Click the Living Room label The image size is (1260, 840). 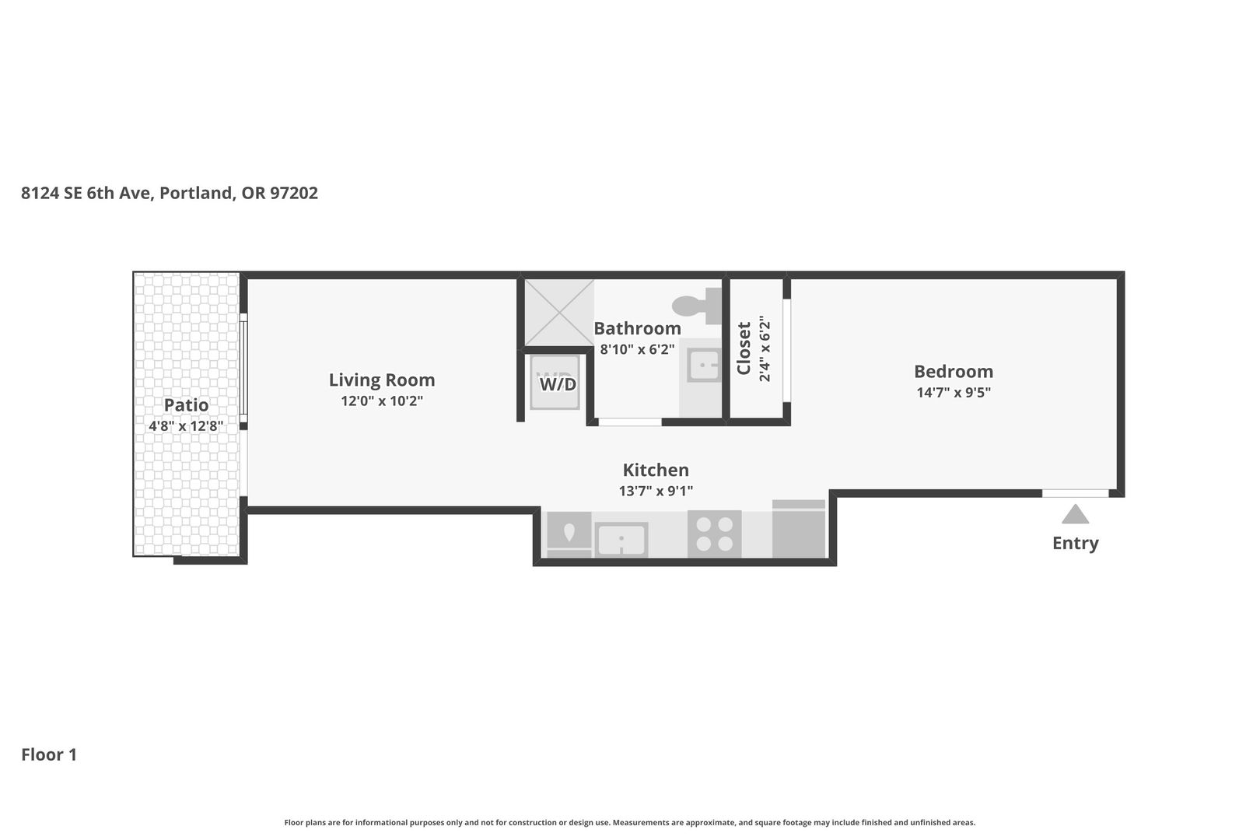[x=382, y=380]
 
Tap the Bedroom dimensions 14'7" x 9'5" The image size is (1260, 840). [x=954, y=392]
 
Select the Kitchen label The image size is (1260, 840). [x=656, y=470]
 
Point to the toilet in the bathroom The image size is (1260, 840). [x=697, y=306]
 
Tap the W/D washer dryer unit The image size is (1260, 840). [x=555, y=382]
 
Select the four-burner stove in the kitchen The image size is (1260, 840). [x=714, y=534]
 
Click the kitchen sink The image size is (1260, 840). [x=621, y=539]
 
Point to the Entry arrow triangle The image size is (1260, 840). [x=1075, y=514]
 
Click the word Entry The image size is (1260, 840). [x=1075, y=543]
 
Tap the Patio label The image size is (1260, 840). [x=186, y=405]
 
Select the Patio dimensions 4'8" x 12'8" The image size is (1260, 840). [x=186, y=426]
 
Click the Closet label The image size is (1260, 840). [x=744, y=348]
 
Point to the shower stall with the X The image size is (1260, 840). [x=559, y=313]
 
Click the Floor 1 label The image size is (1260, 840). [x=49, y=754]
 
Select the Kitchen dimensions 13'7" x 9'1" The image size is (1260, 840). [x=656, y=492]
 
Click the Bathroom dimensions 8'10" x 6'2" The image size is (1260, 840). [x=637, y=349]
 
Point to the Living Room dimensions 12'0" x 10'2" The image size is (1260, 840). [x=382, y=401]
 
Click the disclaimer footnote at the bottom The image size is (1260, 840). [x=630, y=823]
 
